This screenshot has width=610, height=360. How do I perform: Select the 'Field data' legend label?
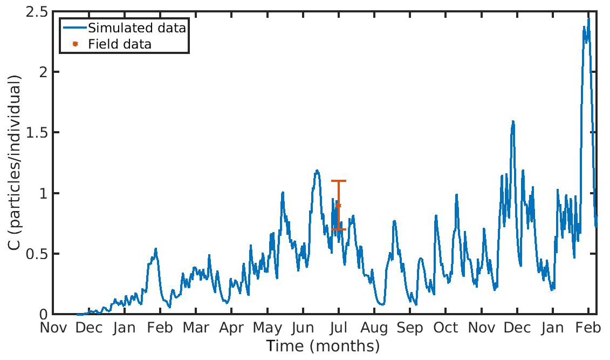click(x=120, y=44)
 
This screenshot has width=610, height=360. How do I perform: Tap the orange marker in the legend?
click(x=76, y=44)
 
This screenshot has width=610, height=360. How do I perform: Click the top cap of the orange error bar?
click(x=339, y=181)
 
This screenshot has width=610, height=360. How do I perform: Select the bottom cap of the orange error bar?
click(x=339, y=229)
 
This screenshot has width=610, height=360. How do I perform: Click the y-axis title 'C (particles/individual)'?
click(x=15, y=163)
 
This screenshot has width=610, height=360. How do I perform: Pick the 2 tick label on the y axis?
click(x=41, y=72)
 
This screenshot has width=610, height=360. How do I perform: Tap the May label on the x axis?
click(x=268, y=328)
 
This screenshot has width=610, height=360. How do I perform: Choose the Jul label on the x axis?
click(x=339, y=328)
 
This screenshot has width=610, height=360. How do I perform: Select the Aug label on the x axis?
click(x=374, y=328)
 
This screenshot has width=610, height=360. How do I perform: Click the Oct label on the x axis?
click(x=446, y=328)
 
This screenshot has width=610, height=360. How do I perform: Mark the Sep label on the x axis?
click(x=410, y=328)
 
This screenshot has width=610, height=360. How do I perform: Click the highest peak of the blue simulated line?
click(x=588, y=19)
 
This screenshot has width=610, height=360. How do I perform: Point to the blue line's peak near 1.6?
click(x=513, y=121)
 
